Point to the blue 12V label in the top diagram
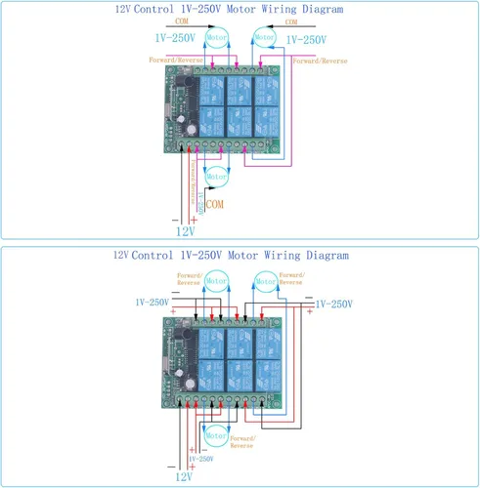pos(186,231)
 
